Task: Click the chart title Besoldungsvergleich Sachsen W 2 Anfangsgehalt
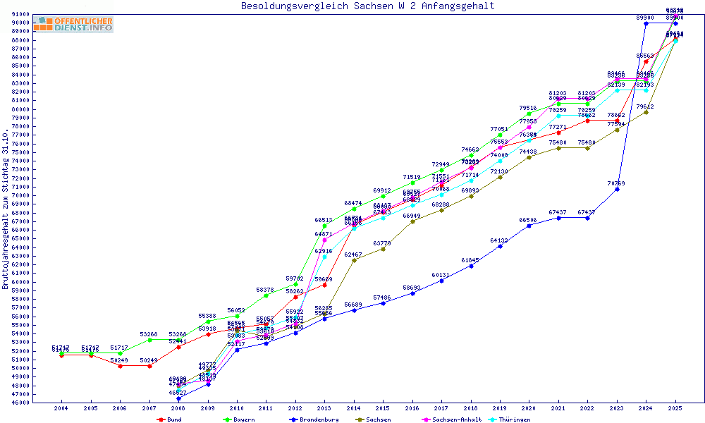tap(367, 6)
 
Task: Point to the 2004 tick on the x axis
tap(61, 408)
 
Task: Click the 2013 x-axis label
tap(324, 408)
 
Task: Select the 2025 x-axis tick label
tap(675, 408)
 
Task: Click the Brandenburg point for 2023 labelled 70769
tap(617, 189)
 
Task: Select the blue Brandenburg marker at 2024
tap(646, 24)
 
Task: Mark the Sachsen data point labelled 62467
tap(354, 260)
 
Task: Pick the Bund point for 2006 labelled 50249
tap(120, 366)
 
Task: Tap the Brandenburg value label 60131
tap(441, 275)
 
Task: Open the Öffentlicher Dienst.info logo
tap(73, 24)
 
